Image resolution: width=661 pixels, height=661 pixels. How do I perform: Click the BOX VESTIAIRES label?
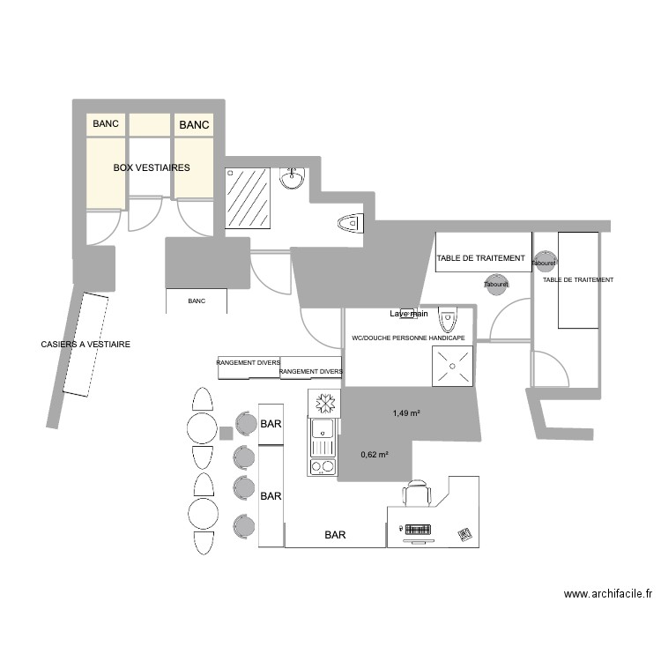(151, 167)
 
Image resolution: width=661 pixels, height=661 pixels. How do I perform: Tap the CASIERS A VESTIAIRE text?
(85, 345)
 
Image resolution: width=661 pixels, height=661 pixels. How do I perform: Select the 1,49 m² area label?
(405, 412)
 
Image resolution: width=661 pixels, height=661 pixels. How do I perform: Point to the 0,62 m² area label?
(375, 455)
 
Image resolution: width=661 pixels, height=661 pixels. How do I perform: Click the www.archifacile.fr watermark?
(607, 595)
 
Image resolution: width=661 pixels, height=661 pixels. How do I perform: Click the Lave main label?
(409, 314)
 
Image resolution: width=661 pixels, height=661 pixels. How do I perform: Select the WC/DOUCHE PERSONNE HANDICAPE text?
(408, 338)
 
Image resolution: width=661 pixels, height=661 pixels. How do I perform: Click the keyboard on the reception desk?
(416, 530)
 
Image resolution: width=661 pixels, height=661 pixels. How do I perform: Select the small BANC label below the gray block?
(196, 301)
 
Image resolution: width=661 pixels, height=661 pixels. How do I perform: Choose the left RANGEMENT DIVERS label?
(249, 362)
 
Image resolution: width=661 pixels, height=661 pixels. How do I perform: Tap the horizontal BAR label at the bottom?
(335, 535)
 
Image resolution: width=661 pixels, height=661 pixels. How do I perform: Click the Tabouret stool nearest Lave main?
(497, 284)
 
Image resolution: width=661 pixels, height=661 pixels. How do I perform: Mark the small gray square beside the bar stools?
(226, 433)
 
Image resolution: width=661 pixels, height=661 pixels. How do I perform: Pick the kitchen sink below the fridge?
(323, 430)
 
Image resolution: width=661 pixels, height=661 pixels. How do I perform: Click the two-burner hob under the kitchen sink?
(323, 465)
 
